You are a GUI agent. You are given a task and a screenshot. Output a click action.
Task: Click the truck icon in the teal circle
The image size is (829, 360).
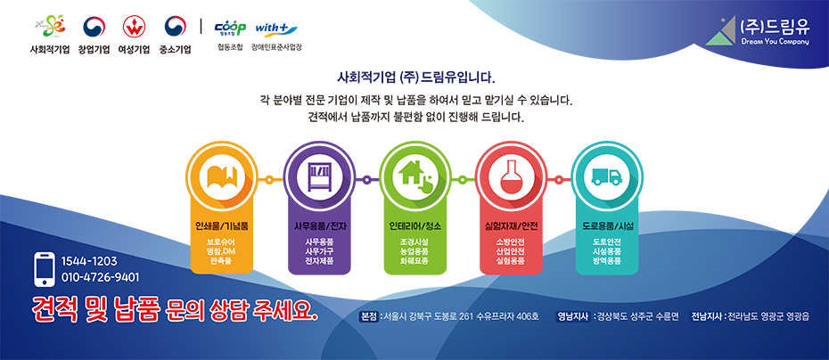[607, 176]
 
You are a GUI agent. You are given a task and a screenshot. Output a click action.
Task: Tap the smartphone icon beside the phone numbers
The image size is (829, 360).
[45, 269]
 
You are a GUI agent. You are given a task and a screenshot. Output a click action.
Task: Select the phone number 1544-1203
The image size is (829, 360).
[89, 261]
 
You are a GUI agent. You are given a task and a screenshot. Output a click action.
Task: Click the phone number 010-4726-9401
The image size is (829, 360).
[101, 277]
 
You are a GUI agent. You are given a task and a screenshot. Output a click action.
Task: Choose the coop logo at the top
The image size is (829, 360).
[230, 29]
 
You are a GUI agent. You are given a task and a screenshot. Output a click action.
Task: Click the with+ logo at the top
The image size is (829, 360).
[276, 29]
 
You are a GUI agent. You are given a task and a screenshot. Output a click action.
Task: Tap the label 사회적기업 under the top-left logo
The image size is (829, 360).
[50, 50]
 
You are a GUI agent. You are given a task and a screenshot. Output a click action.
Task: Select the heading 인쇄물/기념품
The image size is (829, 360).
[222, 226]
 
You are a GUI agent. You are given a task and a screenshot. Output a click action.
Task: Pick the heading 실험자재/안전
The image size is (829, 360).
[512, 226]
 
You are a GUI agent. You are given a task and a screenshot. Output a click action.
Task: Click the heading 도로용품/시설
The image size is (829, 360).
[607, 226]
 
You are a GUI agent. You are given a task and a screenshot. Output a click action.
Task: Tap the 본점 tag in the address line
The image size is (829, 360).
[369, 316]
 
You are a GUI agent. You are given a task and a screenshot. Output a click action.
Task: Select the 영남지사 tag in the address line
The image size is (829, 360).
[574, 316]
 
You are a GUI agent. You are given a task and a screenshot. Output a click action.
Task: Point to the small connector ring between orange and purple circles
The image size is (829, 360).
[269, 180]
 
